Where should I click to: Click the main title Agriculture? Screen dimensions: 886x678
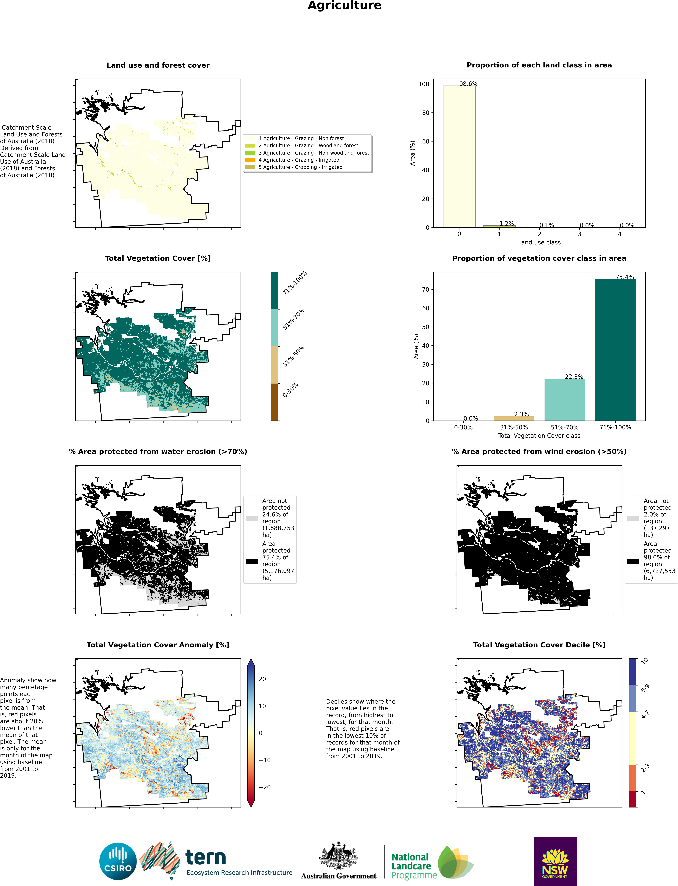click(x=344, y=6)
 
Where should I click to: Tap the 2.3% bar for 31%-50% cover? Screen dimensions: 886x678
click(x=514, y=418)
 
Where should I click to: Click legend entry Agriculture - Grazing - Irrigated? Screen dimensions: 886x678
click(x=299, y=160)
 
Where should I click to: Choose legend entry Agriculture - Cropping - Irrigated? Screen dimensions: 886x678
click(x=300, y=167)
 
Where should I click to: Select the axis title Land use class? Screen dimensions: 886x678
click(x=539, y=242)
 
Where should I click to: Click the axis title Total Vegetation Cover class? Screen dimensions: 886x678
click(x=539, y=436)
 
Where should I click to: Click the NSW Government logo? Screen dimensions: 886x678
click(x=555, y=861)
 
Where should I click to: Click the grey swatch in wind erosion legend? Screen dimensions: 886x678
click(x=633, y=518)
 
